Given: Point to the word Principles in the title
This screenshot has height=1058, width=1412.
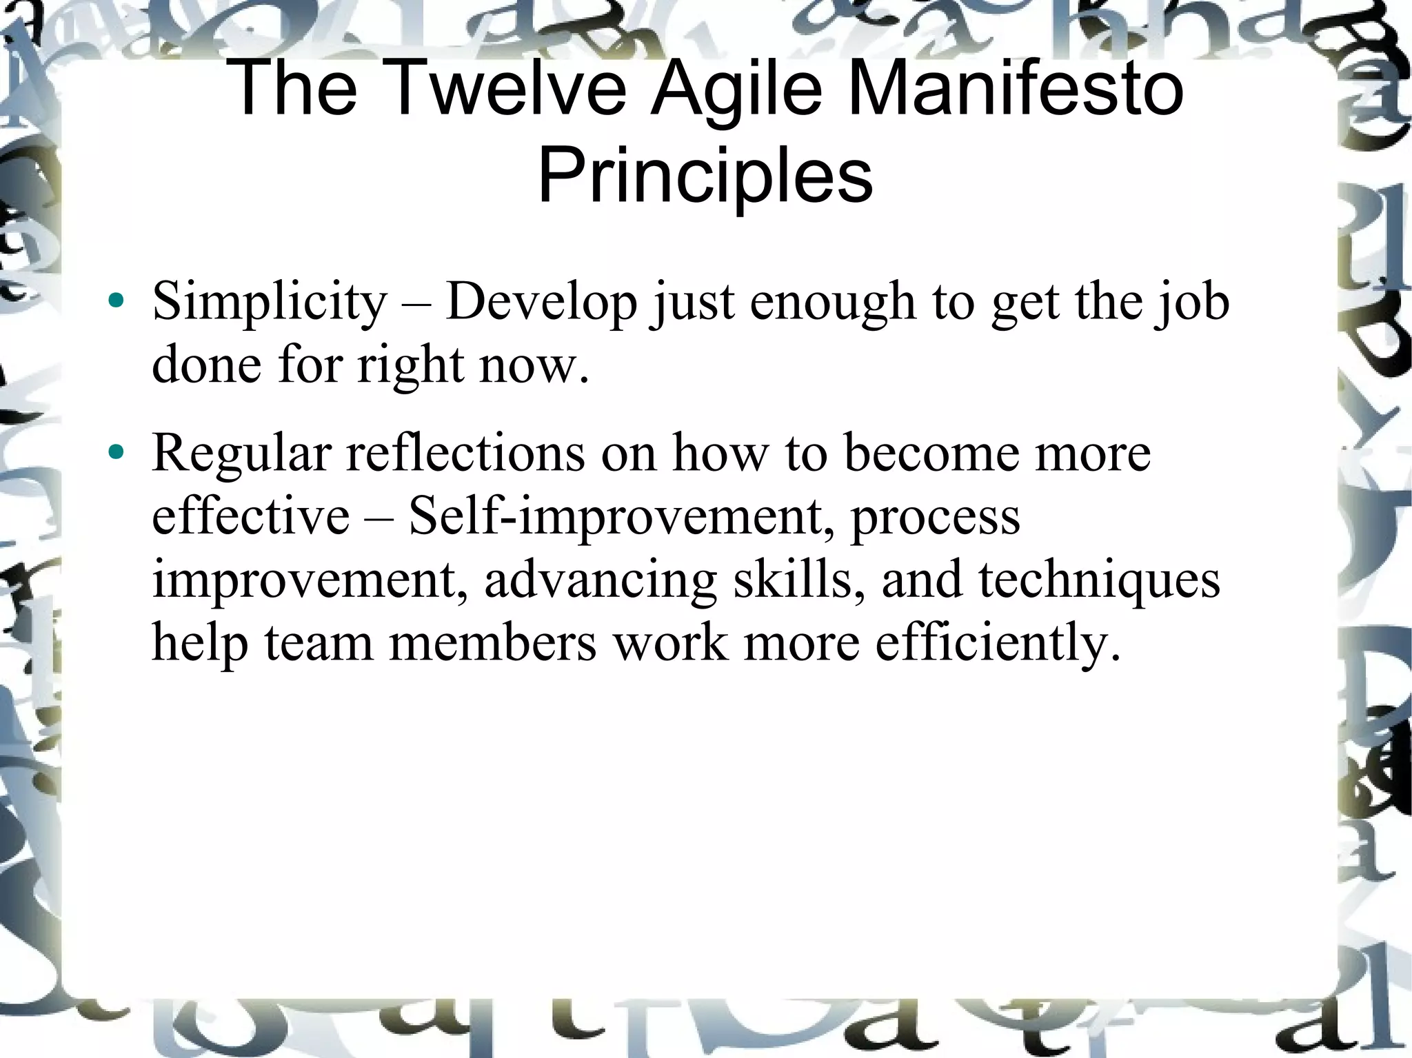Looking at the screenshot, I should (705, 176).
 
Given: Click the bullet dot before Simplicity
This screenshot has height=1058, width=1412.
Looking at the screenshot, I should (117, 301).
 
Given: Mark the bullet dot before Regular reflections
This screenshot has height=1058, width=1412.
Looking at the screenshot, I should (117, 452).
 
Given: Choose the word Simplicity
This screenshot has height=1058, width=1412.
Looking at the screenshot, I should (270, 303).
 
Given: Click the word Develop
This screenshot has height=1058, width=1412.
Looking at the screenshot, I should (541, 303).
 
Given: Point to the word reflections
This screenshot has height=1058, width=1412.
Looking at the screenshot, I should (465, 454).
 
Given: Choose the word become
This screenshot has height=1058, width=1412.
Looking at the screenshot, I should (931, 454).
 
